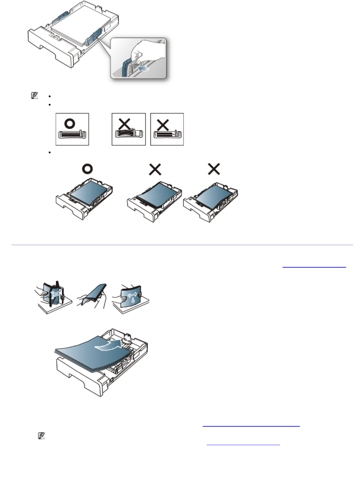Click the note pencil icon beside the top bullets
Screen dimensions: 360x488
click(x=34, y=96)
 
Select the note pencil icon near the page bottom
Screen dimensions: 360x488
click(x=41, y=435)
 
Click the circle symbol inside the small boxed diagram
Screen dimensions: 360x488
click(x=70, y=123)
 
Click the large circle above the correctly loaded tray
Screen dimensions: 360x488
click(x=87, y=169)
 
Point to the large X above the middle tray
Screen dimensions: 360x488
click(x=155, y=169)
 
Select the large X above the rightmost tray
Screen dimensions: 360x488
click(x=214, y=169)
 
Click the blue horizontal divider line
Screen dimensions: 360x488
click(x=182, y=245)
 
